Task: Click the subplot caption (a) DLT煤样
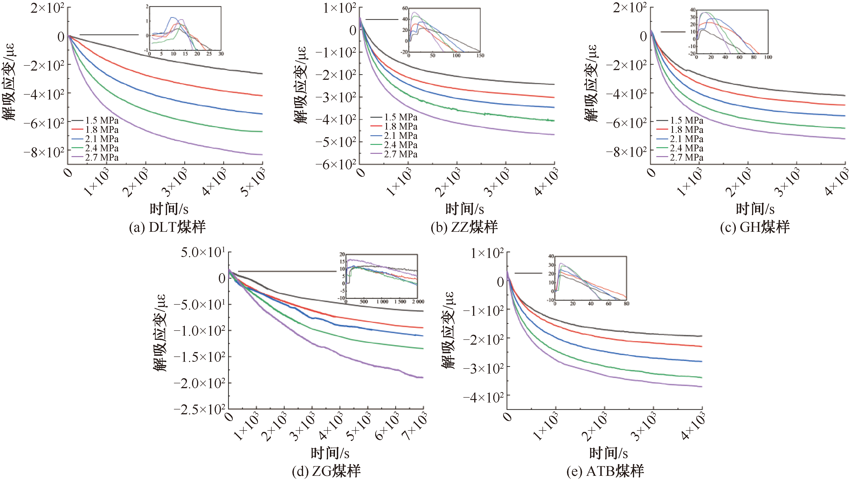(167, 227)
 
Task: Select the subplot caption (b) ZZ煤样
(464, 227)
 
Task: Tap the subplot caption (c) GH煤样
(755, 227)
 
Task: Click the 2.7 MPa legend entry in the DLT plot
(95, 157)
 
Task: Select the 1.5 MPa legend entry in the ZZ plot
(394, 117)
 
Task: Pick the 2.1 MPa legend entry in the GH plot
(680, 139)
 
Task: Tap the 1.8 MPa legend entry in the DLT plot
(95, 129)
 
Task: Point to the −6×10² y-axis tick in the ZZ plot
(336, 164)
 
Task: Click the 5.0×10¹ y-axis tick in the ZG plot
(203, 252)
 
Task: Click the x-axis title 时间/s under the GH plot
(755, 209)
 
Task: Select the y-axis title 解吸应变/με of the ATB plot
(448, 330)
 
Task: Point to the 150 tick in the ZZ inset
(480, 55)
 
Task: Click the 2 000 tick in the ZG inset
(418, 302)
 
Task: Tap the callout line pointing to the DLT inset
(109, 34)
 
